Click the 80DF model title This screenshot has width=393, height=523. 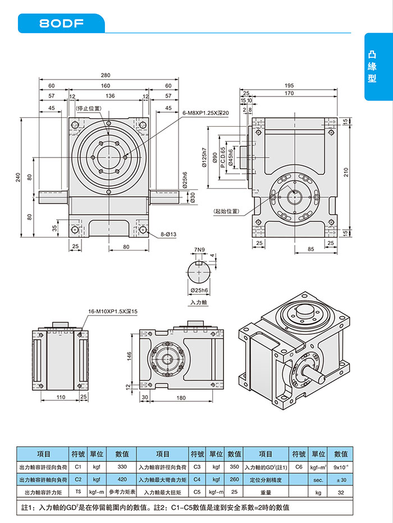(61, 24)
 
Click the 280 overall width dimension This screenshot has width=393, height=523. (106, 76)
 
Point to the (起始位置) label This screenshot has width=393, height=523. (226, 211)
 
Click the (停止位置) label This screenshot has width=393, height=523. (88, 108)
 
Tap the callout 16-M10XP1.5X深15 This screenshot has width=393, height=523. (113, 312)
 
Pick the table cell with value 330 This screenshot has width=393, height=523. (122, 466)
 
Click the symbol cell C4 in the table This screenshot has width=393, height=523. (197, 479)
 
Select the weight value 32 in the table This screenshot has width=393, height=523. (341, 492)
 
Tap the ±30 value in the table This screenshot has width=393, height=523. (341, 479)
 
